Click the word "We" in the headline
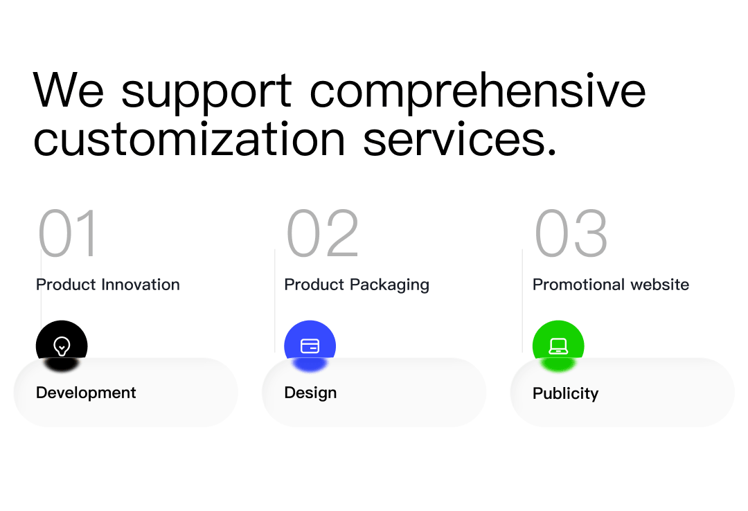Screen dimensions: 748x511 pos(68,90)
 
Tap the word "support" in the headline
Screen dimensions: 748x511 pos(206,93)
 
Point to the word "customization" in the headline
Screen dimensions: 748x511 pos(189,139)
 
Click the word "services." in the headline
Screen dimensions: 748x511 pos(460,139)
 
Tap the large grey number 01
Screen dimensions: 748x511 pos(68,233)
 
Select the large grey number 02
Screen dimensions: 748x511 pos(323,233)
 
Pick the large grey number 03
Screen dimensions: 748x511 pos(571,233)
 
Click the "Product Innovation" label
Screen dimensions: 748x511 pos(108,285)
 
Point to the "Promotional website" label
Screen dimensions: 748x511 pos(611,285)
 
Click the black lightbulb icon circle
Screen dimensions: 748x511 pos(62,345)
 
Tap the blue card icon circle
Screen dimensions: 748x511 pos(310,345)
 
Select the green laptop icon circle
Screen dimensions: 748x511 pos(558,345)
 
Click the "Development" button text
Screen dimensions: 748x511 pos(86,393)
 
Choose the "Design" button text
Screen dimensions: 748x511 pos(310,393)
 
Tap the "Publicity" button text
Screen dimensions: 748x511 pos(565,393)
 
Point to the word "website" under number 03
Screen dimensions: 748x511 pos(660,285)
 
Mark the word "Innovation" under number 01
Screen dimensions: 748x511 pos(141,285)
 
